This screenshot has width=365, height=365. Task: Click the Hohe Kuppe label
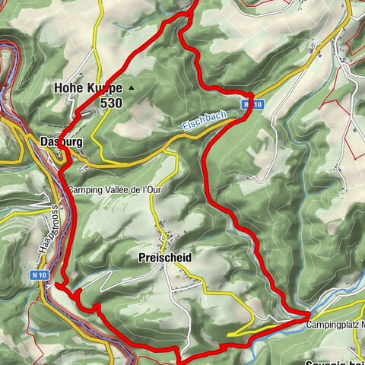pos(88,88)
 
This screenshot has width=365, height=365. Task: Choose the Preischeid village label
pos(165,259)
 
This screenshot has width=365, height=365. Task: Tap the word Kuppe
pos(103,88)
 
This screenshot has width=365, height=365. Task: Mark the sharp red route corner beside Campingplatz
pos(309,314)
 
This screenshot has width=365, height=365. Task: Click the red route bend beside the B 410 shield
pos(249,113)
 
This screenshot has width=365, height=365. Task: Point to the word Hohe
pos(68,88)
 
